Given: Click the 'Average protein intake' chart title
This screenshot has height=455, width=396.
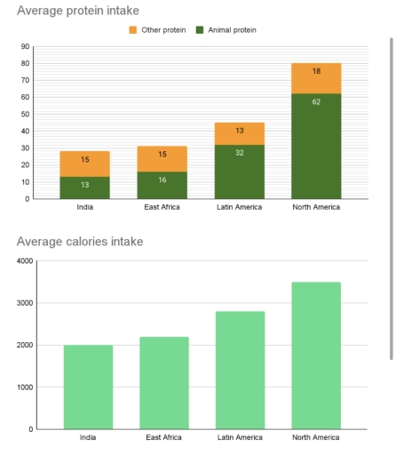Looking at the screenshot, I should pyautogui.click(x=78, y=11).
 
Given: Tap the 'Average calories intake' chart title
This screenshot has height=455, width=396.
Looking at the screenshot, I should pyautogui.click(x=80, y=241).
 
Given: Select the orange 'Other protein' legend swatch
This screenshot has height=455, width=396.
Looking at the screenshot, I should pyautogui.click(x=133, y=30).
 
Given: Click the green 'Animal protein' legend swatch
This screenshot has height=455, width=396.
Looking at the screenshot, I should pyautogui.click(x=200, y=30).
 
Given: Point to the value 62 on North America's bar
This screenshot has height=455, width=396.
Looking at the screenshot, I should pyautogui.click(x=316, y=101).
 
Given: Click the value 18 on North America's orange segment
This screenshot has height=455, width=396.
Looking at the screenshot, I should pyautogui.click(x=316, y=71).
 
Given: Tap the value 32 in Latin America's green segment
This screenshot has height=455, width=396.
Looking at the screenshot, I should pyautogui.click(x=240, y=153).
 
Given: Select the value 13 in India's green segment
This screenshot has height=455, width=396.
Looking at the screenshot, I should pyautogui.click(x=85, y=185).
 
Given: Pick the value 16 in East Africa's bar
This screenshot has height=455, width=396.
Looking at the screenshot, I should pyautogui.click(x=162, y=180).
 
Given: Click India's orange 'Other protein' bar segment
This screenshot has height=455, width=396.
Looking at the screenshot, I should pyautogui.click(x=85, y=164).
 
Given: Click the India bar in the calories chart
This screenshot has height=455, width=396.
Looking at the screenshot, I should pyautogui.click(x=88, y=387).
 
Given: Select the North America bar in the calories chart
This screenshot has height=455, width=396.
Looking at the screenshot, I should pyautogui.click(x=316, y=355).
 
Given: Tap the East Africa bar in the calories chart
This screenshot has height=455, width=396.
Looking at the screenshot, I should pyautogui.click(x=163, y=382).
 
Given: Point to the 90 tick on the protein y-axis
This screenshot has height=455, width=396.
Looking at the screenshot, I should pyautogui.click(x=25, y=46).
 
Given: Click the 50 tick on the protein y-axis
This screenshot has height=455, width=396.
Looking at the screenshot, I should pyautogui.click(x=25, y=114).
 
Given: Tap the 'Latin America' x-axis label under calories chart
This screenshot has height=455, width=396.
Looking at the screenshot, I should pyautogui.click(x=240, y=437).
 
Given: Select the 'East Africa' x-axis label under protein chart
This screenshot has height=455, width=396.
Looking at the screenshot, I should pyautogui.click(x=162, y=207).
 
